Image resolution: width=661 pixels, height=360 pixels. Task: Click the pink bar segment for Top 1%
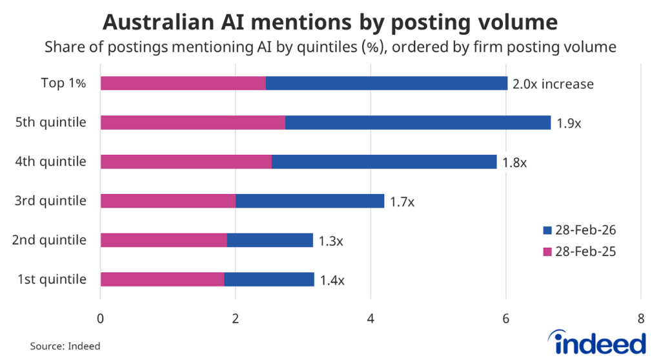[183, 83]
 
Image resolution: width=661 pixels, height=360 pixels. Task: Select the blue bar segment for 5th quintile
[418, 123]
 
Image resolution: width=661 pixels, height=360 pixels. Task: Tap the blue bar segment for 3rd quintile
[310, 201]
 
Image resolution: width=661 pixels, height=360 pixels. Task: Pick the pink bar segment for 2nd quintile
[163, 240]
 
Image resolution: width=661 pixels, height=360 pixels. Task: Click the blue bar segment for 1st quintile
[269, 279]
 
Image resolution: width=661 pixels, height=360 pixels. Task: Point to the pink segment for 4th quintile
[186, 161]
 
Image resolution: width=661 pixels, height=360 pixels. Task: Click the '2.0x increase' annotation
[553, 84]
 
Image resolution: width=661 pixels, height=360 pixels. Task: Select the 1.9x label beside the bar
[569, 123]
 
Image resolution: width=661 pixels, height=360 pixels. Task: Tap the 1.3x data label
[331, 241]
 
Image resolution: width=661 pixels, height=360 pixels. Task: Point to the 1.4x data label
[332, 280]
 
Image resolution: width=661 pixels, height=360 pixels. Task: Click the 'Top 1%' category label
[63, 83]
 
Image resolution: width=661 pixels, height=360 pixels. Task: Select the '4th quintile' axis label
[50, 161]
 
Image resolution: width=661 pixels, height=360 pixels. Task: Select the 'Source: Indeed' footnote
[65, 346]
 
